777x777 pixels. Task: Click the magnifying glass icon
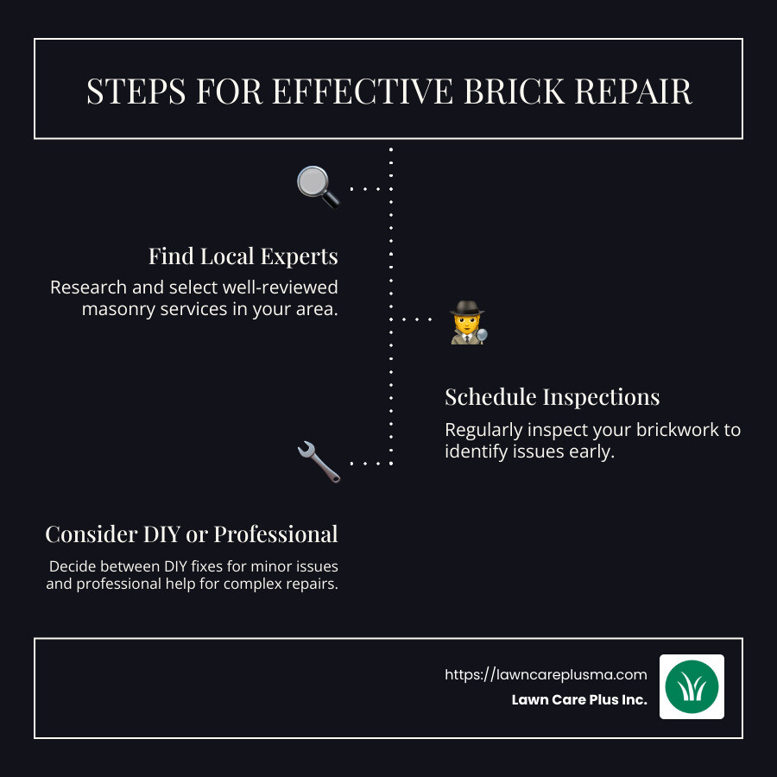pos(318,186)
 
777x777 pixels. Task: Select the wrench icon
pos(318,461)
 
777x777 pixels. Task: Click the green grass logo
pos(692,686)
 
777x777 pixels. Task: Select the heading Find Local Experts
pos(243,256)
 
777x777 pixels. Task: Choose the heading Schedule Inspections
pos(552,397)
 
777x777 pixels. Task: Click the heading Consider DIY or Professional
pos(191,534)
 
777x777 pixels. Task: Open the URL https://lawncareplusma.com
pos(546,675)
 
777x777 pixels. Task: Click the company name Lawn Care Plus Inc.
pos(578,700)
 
